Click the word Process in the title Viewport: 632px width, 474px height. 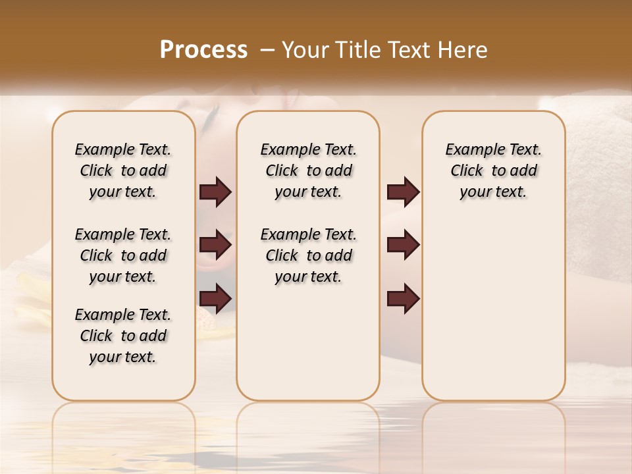[203, 49]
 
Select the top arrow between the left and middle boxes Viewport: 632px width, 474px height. [215, 192]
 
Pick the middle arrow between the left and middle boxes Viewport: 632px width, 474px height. [215, 246]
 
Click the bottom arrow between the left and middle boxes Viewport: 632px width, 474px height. [215, 299]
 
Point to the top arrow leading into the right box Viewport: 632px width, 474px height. [403, 192]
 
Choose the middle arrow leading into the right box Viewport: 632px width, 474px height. [403, 246]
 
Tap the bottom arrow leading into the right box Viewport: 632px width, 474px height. [403, 299]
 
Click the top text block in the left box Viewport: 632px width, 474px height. [123, 171]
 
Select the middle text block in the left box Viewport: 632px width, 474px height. [123, 255]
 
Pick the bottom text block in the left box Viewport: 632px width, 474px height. [123, 336]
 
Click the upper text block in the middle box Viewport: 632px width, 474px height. [308, 171]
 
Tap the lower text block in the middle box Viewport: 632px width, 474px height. [308, 255]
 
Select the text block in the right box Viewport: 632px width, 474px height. [493, 171]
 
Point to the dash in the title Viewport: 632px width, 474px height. [268, 50]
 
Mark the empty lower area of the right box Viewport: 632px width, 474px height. [493, 309]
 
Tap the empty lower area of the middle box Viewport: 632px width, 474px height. [308, 342]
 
